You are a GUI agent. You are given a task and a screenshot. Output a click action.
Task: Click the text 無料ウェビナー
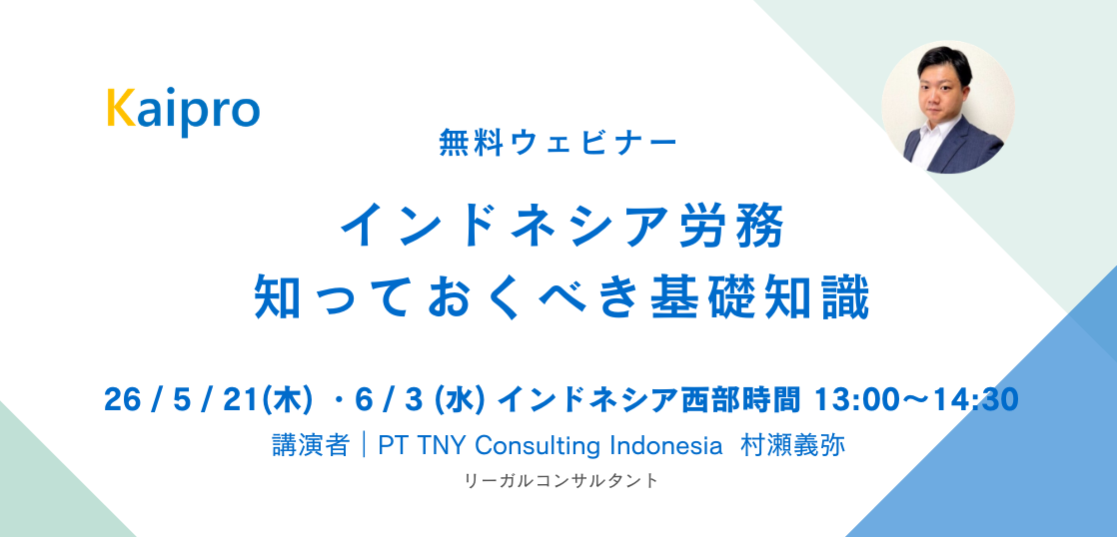[558, 143]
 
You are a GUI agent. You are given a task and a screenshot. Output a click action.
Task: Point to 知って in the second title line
[326, 297]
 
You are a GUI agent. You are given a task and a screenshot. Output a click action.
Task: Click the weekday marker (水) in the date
[467, 400]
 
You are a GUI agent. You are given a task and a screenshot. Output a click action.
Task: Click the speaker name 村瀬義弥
[792, 445]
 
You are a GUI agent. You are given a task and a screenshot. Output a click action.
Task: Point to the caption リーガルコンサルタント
[561, 481]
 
